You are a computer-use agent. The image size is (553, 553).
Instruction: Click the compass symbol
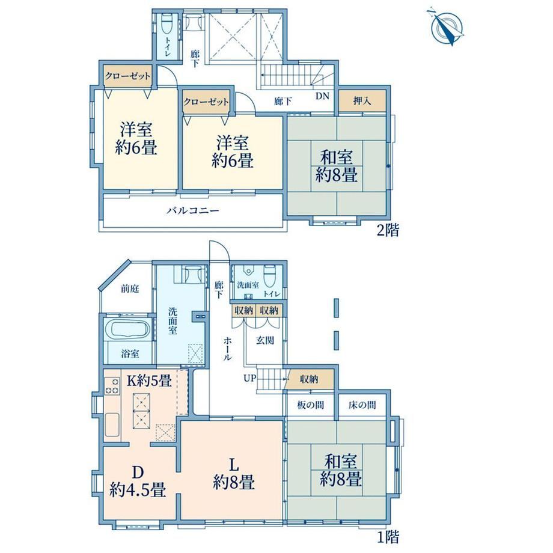click(446, 27)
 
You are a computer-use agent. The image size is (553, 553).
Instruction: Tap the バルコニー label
click(193, 211)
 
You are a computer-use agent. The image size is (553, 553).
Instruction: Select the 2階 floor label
click(388, 230)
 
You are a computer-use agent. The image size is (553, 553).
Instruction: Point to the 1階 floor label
click(388, 537)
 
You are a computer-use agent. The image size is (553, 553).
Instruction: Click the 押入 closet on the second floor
click(362, 101)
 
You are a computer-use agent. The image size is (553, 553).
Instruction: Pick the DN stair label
click(322, 96)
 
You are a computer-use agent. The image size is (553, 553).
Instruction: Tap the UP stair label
click(249, 379)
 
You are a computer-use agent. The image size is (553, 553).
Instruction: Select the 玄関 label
click(264, 340)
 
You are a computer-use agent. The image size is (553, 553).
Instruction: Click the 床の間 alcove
click(362, 406)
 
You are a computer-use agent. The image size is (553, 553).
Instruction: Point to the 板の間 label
click(310, 405)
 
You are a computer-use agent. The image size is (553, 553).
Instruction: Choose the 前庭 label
click(130, 289)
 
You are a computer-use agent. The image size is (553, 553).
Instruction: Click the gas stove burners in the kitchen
click(112, 386)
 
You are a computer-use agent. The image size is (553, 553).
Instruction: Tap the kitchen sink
click(112, 425)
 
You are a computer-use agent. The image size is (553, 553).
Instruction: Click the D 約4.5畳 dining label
click(138, 481)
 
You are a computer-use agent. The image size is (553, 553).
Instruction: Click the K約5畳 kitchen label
click(149, 380)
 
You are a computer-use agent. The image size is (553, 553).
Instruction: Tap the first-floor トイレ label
click(272, 294)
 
